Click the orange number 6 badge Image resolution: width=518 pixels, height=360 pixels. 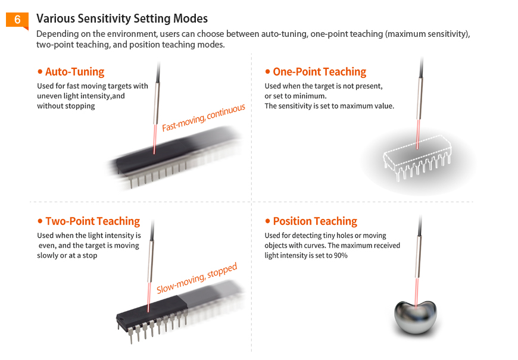(x=17, y=20)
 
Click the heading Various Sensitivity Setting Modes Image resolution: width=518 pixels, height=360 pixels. (x=122, y=18)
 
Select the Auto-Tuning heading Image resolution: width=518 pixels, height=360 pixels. (x=74, y=71)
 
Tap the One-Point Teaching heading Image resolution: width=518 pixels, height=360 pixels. (x=320, y=71)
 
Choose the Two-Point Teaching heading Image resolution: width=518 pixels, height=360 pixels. (x=92, y=221)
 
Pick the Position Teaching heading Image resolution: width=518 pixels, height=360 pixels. (x=315, y=221)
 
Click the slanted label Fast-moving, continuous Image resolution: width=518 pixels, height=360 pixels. (x=204, y=118)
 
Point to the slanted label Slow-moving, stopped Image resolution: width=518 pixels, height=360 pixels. (x=197, y=278)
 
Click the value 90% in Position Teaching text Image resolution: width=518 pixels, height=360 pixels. (x=341, y=255)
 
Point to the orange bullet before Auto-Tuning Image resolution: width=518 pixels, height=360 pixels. (x=40, y=71)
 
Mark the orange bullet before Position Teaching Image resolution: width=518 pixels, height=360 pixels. (x=267, y=221)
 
